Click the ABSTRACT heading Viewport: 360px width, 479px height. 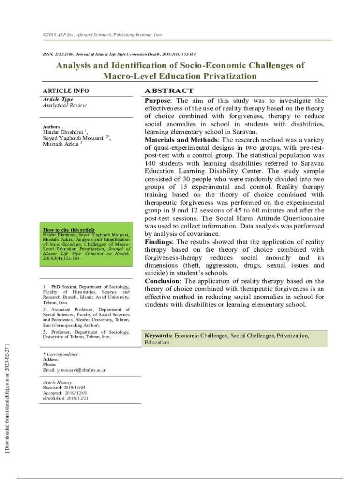coord(169,91)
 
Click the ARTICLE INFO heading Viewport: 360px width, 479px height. coord(66,91)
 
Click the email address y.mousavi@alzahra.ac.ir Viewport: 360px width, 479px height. coord(81,370)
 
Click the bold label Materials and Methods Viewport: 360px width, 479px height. coord(181,140)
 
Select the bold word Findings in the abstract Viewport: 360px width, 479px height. coord(158,242)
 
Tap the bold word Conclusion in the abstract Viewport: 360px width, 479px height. coord(162,281)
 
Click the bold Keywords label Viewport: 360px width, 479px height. coord(158,336)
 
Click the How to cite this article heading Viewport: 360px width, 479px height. coord(69,230)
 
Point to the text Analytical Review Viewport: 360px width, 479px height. coord(65,105)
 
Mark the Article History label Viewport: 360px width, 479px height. coord(58,383)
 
